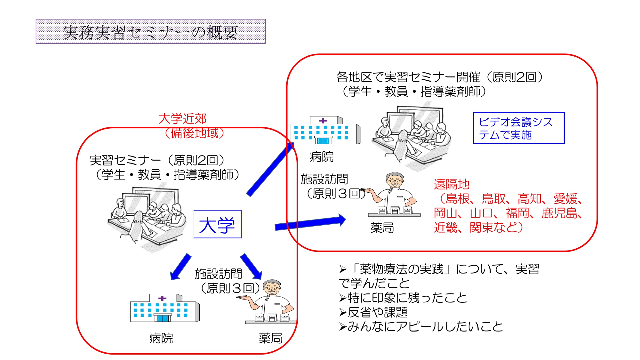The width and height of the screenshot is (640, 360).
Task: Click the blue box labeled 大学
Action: point(217,224)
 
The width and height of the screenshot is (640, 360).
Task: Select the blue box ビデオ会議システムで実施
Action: point(518,128)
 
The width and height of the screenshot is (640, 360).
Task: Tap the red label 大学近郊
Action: point(182,119)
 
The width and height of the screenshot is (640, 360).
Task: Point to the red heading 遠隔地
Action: point(451,184)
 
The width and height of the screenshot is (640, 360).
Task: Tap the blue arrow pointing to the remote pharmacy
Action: point(310,223)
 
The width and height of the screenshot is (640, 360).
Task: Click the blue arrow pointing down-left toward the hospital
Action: point(181,267)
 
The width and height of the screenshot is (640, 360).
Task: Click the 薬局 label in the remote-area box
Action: point(382,228)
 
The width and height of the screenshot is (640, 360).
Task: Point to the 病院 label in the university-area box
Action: point(161,338)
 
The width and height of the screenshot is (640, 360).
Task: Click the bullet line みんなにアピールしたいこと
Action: point(422,326)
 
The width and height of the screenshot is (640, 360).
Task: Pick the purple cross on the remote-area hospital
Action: point(323,121)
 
